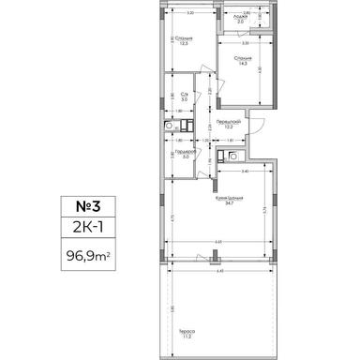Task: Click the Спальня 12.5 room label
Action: tap(183, 41)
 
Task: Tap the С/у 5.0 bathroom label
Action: tap(185, 97)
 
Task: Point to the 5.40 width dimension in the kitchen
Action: tap(243, 172)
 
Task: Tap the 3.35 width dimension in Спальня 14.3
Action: tap(246, 43)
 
